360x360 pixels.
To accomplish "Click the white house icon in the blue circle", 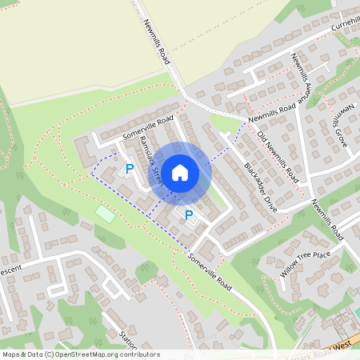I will [180, 172].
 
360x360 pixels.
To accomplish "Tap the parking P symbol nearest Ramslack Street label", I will [129, 169].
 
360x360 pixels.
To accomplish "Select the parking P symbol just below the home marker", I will [190, 214].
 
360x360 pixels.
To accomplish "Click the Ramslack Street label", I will [150, 158].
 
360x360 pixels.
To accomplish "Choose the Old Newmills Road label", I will [278, 154].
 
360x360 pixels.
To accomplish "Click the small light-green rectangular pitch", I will [106, 214].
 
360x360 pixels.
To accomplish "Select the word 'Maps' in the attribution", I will [12, 354].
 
